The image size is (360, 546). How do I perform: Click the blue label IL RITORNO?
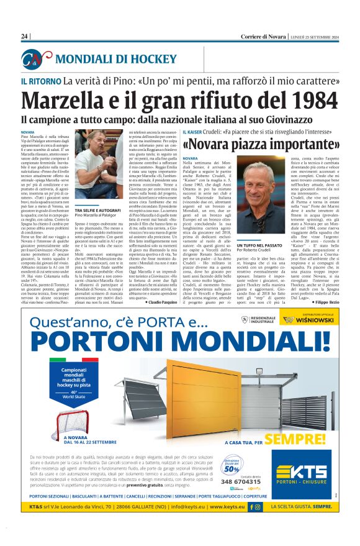point(40,81)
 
